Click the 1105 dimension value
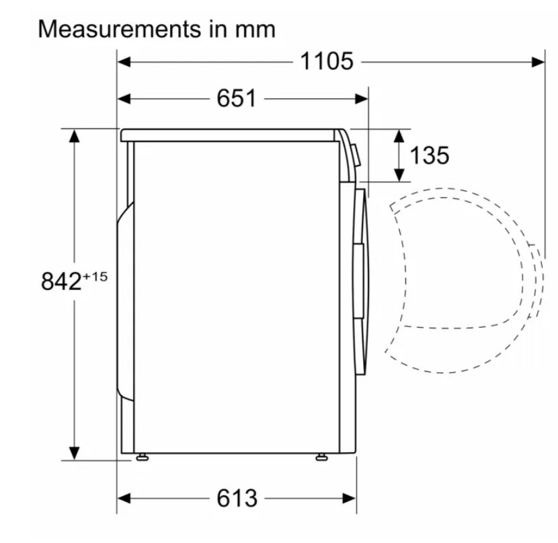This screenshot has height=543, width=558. [327, 61]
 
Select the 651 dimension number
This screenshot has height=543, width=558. [236, 98]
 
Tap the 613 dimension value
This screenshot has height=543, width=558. [237, 498]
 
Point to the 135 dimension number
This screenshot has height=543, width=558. [430, 155]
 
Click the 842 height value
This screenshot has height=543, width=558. [62, 281]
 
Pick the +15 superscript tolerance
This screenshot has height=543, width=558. [95, 277]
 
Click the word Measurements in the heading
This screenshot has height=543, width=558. [120, 29]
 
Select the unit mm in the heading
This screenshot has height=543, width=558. [255, 30]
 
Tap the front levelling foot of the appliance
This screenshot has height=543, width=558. [322, 457]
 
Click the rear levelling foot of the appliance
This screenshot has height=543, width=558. [143, 457]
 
